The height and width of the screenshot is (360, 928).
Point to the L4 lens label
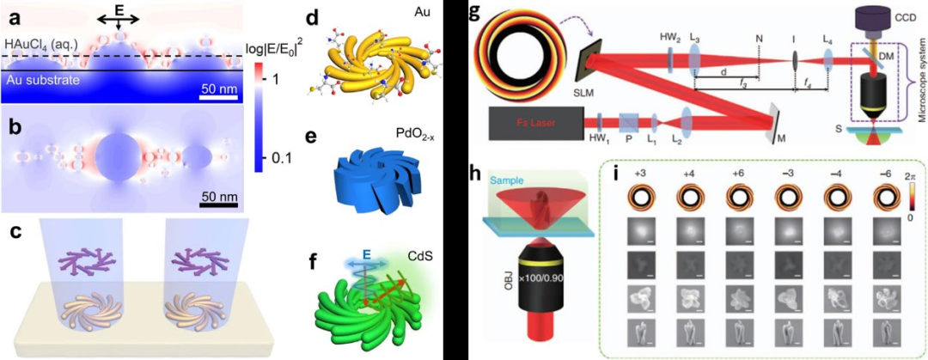click(827, 40)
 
